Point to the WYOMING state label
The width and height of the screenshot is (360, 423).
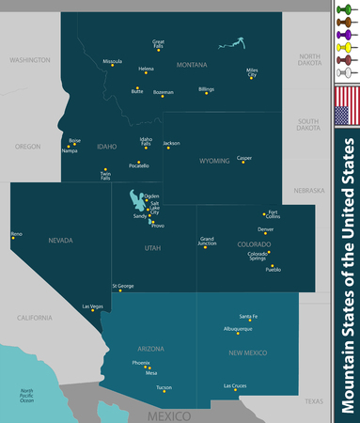pos(220,161)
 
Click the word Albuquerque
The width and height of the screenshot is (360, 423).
pos(238,329)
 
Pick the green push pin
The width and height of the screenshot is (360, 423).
pos(348,9)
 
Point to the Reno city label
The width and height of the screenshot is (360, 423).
pos(16,232)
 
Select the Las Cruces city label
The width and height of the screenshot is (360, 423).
pos(236,386)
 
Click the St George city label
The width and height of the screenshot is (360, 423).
pos(123,286)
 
